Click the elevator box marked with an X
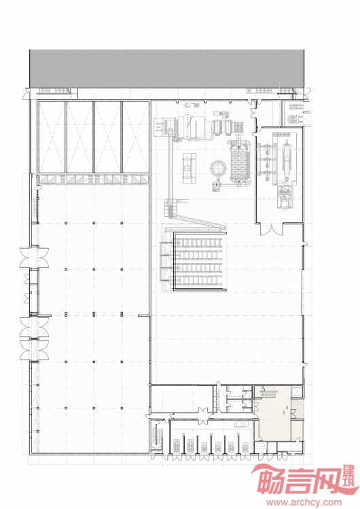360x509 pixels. pos(297,392)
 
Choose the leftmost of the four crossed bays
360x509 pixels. pos(52,137)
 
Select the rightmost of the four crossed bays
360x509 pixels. pos(135,137)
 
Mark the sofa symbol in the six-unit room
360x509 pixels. pos(241,424)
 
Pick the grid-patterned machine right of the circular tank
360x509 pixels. pos(240,164)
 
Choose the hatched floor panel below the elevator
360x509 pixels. pos(298,409)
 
